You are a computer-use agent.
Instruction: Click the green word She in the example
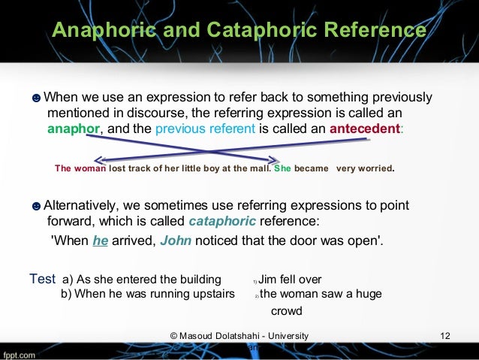click(282, 168)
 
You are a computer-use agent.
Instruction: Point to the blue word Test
click(41, 279)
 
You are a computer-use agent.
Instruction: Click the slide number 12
click(444, 334)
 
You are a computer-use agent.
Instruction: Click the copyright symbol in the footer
click(175, 335)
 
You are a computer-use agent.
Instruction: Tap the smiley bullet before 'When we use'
click(36, 98)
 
